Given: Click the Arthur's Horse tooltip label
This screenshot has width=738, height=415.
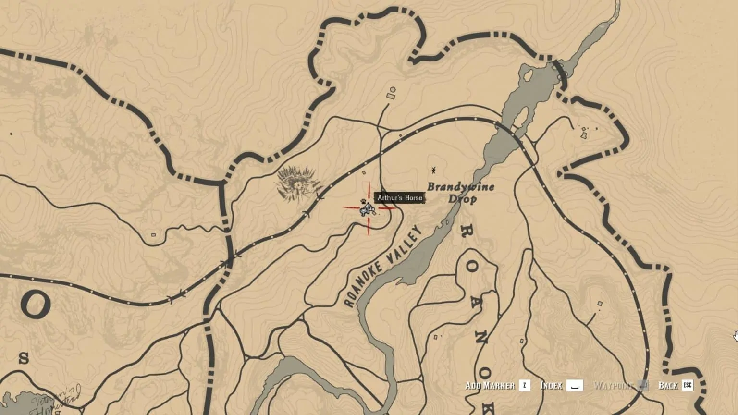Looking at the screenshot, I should (400, 198).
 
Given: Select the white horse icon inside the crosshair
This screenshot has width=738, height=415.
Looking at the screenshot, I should (369, 209).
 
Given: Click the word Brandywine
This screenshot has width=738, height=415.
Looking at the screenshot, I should (461, 187).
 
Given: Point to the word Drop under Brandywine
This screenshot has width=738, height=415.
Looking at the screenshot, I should (462, 199).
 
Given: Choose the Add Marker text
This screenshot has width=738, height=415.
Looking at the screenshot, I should (490, 386).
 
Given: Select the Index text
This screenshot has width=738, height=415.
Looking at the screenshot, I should (551, 386).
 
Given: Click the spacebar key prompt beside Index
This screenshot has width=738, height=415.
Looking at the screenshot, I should (575, 386).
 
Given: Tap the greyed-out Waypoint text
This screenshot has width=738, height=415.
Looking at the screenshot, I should (613, 386).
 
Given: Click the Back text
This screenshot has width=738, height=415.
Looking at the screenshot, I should (668, 386).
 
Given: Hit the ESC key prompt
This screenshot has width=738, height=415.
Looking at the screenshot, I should (688, 386).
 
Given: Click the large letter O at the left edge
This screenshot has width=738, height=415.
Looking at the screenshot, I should (36, 305).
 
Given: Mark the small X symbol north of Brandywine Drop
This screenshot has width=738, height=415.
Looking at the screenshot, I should (433, 170).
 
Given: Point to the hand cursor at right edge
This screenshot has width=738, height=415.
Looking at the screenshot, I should (735, 335).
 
